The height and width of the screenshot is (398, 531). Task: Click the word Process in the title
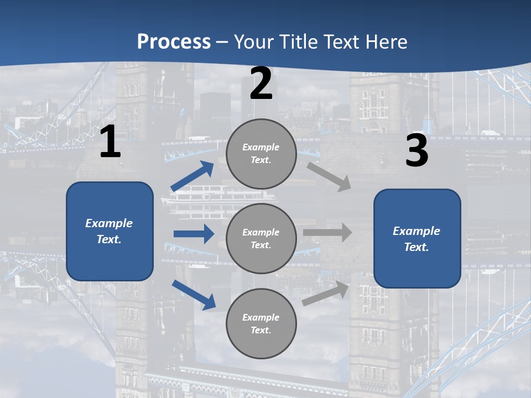tap(174, 41)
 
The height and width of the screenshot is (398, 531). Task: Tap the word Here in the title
tap(384, 41)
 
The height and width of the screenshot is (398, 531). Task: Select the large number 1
tap(110, 142)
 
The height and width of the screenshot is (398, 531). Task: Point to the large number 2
tap(261, 83)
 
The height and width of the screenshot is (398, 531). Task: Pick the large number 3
tap(417, 151)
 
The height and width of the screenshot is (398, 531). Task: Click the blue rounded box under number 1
tap(110, 231)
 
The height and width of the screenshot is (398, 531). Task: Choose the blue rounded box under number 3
tap(417, 238)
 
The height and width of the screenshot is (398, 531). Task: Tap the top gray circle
tap(261, 154)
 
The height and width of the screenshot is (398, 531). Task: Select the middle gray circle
tap(261, 238)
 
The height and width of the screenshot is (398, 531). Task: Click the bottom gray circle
tap(261, 323)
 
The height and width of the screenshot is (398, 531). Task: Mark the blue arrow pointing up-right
tap(192, 176)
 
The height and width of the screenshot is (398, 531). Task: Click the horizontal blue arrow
tap(194, 234)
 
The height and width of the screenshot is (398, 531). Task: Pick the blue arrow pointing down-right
tap(194, 294)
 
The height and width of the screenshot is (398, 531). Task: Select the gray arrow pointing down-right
tap(329, 176)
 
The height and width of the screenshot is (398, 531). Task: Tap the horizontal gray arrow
tap(327, 233)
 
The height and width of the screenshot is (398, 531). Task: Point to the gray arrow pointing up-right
tap(326, 294)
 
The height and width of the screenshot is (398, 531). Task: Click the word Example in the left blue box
tap(109, 223)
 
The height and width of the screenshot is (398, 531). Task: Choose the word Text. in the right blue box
tap(417, 247)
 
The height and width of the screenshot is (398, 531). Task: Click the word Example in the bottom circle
tap(261, 317)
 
